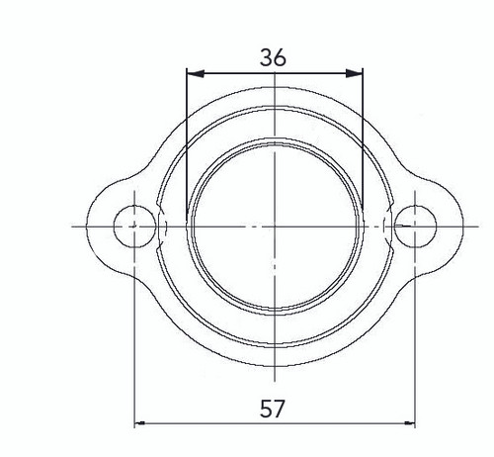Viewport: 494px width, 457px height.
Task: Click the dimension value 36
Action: point(274,57)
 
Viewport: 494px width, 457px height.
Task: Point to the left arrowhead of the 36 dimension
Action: point(194,72)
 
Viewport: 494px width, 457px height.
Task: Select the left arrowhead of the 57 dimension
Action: point(140,425)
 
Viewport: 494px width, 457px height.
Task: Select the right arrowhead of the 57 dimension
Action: point(407,425)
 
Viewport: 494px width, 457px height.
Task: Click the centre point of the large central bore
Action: point(274,227)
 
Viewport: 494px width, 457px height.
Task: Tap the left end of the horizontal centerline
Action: point(74,227)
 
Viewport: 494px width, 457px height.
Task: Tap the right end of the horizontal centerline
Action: point(472,227)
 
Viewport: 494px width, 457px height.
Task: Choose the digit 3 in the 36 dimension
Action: point(267,57)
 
